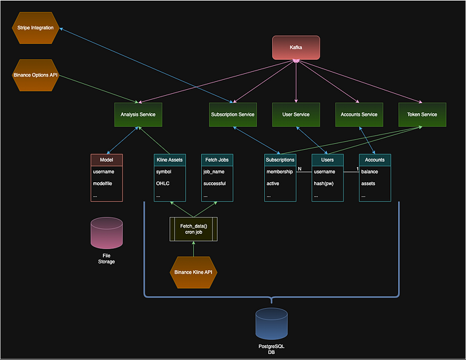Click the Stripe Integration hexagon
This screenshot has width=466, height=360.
[x=35, y=28]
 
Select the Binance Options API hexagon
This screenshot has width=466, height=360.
[x=35, y=75]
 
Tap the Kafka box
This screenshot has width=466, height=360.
[x=296, y=47]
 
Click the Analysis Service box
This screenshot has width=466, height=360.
[x=138, y=114]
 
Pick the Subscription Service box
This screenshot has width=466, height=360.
[x=233, y=114]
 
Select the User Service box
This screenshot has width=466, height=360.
[x=296, y=114]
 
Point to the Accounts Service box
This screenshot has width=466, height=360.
[x=359, y=114]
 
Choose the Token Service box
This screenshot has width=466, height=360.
[x=422, y=114]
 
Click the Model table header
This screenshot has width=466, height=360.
[x=107, y=160]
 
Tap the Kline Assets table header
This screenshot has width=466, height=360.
[x=170, y=160]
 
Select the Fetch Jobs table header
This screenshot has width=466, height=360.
[x=217, y=160]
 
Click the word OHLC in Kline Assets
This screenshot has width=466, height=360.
[x=163, y=184]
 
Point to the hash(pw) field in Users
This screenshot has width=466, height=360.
[x=324, y=184]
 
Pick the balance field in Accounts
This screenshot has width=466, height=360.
[x=369, y=172]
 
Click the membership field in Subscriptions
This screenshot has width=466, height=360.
[x=280, y=172]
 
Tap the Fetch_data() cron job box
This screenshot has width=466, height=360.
[x=194, y=229]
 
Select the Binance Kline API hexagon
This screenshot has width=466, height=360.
[x=194, y=272]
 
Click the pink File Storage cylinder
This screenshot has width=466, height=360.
[x=107, y=233]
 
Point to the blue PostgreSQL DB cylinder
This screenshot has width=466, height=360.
[x=272, y=324]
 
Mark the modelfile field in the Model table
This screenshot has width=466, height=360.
[x=103, y=184]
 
